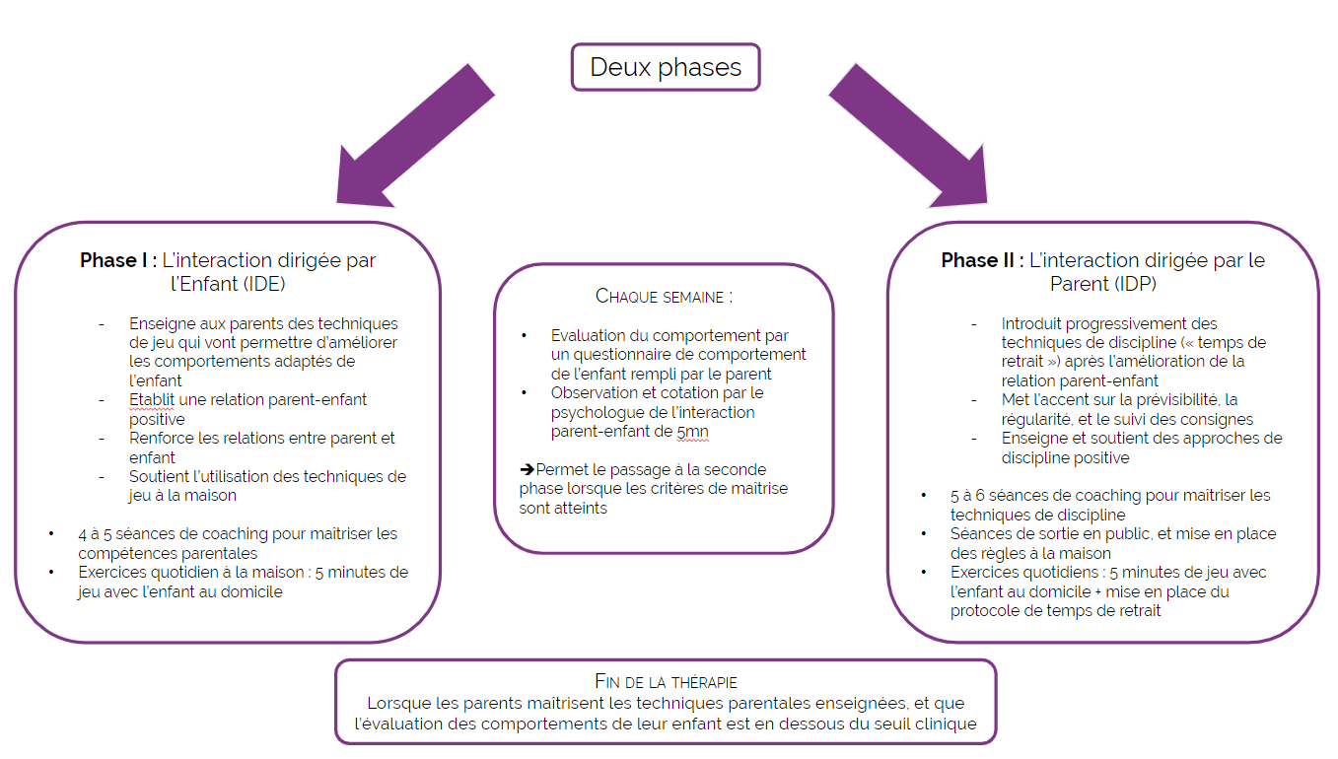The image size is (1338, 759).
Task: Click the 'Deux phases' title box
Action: click(666, 67)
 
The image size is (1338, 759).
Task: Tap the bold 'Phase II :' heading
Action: click(981, 261)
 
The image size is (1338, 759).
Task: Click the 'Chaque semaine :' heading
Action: click(664, 296)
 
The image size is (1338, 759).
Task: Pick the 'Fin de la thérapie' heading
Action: click(666, 681)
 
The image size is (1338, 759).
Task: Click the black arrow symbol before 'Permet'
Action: click(528, 469)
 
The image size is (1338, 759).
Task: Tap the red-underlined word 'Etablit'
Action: click(151, 399)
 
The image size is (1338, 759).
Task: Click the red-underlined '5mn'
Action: click(694, 431)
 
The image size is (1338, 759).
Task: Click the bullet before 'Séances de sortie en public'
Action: click(924, 534)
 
